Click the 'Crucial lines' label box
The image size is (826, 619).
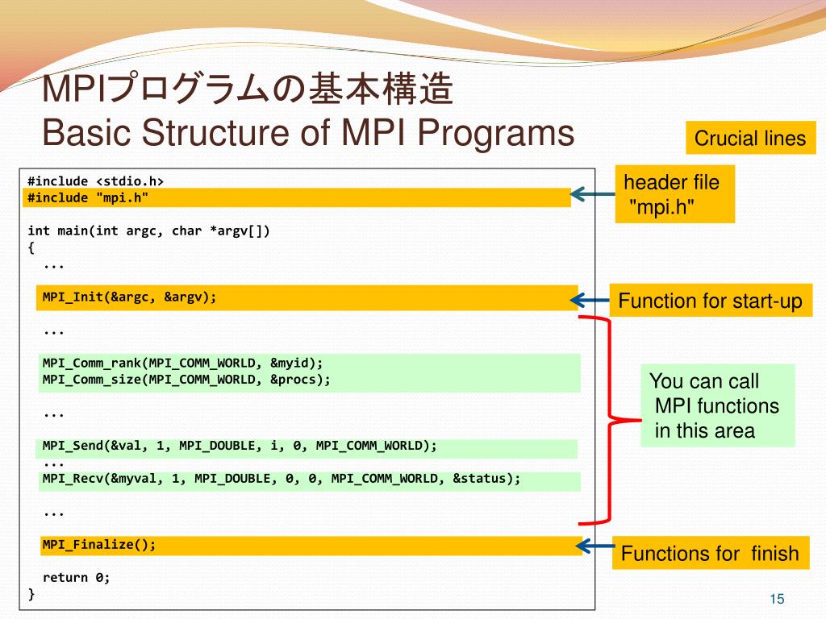(x=750, y=138)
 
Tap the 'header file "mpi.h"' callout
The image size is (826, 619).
(x=674, y=194)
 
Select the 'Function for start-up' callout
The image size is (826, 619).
(x=710, y=301)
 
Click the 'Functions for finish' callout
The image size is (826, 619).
(x=710, y=554)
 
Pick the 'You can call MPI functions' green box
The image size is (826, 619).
(x=717, y=405)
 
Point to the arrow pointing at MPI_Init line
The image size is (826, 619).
(x=590, y=301)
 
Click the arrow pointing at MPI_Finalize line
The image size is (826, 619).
(x=596, y=546)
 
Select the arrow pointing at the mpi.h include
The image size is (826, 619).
(x=592, y=193)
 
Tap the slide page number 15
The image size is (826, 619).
(x=777, y=598)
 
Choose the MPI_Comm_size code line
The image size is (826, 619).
(x=186, y=379)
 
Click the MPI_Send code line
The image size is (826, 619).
(x=240, y=446)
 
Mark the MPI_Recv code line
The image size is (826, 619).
(x=282, y=479)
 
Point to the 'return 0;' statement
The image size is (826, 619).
(x=76, y=577)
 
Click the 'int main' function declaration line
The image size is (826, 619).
(x=148, y=231)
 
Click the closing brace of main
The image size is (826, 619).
(x=31, y=594)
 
